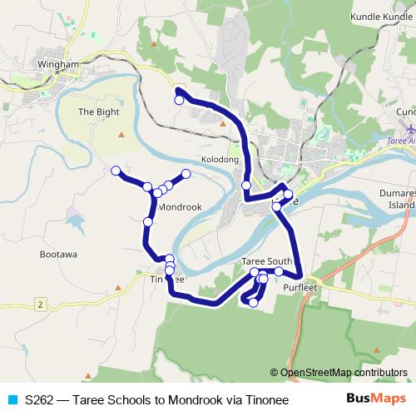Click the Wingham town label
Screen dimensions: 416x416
(x=57, y=63)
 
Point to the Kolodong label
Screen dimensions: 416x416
(x=220, y=159)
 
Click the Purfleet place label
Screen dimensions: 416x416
(x=300, y=287)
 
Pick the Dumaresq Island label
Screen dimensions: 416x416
(x=400, y=198)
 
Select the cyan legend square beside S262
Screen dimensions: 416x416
(x=12, y=400)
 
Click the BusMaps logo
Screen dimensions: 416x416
(x=376, y=399)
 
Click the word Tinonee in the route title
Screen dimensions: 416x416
(x=260, y=400)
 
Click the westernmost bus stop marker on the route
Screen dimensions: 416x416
(x=116, y=171)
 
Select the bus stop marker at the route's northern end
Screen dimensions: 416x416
(x=178, y=100)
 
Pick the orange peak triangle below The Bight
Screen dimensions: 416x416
(x=122, y=135)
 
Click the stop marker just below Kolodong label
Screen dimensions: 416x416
(x=246, y=185)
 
